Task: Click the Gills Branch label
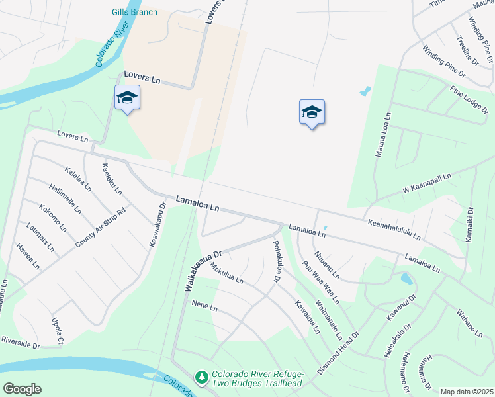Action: (x=135, y=12)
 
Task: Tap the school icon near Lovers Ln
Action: (x=126, y=99)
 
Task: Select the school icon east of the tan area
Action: (x=312, y=112)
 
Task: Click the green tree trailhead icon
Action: (x=201, y=376)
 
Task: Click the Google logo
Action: (x=22, y=389)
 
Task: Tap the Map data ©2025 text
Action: (x=466, y=392)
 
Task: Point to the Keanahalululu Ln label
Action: (x=394, y=230)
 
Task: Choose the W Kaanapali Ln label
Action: (x=426, y=184)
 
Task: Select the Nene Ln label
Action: (x=204, y=306)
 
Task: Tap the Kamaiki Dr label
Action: (x=471, y=225)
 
